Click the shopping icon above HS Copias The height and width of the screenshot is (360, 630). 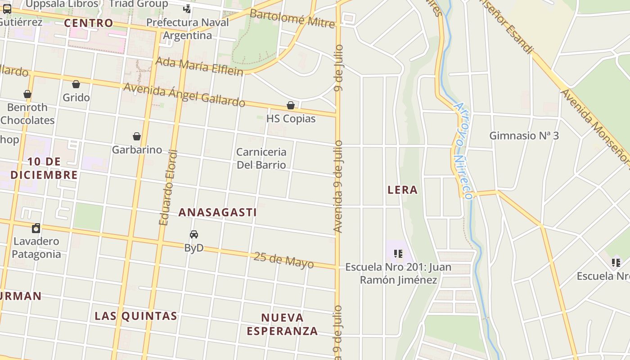click(x=291, y=105)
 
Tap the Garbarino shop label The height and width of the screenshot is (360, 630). click(x=137, y=149)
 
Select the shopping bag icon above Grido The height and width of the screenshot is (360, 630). click(x=76, y=84)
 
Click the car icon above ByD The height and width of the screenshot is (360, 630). click(x=194, y=234)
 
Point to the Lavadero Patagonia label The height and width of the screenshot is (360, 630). click(x=36, y=247)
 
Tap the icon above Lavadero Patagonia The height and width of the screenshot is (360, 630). click(x=36, y=228)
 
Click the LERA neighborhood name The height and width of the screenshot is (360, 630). click(x=402, y=190)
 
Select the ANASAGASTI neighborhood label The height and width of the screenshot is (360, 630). click(x=218, y=212)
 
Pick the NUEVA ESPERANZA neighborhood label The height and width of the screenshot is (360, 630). click(x=282, y=324)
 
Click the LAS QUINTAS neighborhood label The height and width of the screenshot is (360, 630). click(x=136, y=316)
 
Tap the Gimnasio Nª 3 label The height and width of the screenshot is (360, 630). click(x=524, y=135)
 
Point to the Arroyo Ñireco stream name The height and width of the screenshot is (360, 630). click(x=462, y=151)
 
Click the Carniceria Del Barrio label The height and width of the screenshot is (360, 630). click(x=261, y=158)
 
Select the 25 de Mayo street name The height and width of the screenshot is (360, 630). click(x=283, y=260)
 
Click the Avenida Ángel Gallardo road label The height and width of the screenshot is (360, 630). click(x=184, y=95)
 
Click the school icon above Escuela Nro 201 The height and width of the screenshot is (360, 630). click(x=398, y=254)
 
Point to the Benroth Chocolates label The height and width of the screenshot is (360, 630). click(x=27, y=114)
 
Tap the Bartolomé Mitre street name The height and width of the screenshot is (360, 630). click(x=292, y=18)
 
